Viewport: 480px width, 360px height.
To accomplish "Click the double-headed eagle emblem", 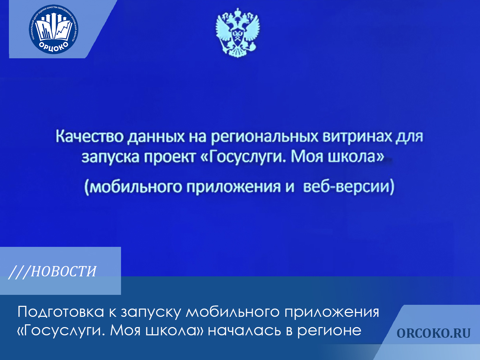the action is pos(238,33).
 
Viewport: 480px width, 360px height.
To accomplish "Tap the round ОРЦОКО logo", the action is pos(53,29).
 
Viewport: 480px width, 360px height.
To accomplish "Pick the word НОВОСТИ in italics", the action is pos(64,272).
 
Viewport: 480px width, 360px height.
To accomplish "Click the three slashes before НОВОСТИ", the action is pos(19,272).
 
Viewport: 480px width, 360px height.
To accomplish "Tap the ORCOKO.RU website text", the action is pos(433,333).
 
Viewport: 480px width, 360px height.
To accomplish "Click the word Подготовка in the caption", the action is pos(61,312).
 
